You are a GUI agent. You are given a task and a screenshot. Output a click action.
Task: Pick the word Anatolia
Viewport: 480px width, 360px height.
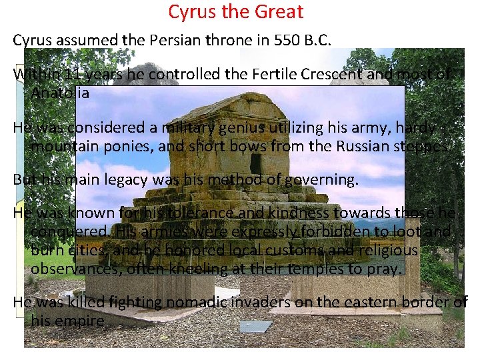point(60,93)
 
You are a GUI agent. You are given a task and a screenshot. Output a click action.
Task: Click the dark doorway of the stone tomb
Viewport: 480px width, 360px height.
point(255,163)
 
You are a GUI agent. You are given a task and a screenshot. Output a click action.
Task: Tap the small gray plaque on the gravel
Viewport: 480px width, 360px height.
point(255,326)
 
